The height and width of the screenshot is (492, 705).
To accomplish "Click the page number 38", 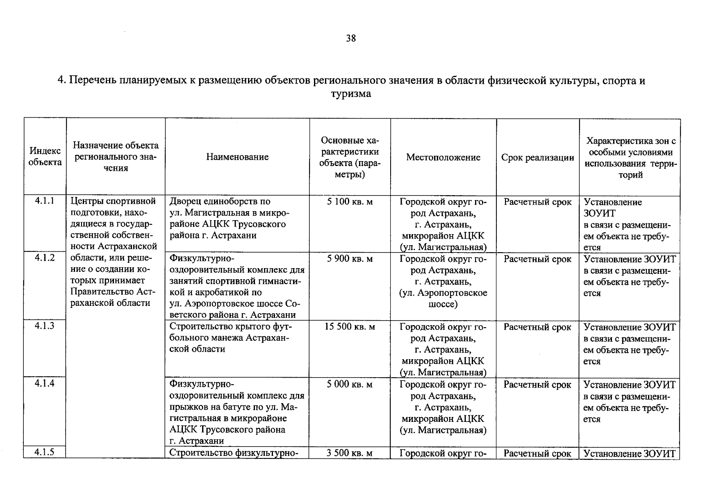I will (351, 39).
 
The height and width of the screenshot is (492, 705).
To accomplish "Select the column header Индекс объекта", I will (45, 157).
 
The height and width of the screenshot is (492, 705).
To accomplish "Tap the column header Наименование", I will (237, 157).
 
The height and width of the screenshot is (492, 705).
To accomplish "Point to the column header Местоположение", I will (443, 157).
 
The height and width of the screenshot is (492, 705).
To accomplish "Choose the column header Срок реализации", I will (537, 158).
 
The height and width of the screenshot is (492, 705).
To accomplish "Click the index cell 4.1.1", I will (45, 200).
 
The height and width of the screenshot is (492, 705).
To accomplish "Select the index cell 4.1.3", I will (45, 326).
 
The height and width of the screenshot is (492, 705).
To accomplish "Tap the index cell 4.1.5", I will (45, 452).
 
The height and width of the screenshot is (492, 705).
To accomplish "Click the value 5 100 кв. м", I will (350, 202).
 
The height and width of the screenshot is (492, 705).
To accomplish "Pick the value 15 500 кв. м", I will (350, 327).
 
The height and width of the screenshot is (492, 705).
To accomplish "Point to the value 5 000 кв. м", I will (350, 385).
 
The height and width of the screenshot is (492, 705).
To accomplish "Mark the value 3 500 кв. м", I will (350, 453).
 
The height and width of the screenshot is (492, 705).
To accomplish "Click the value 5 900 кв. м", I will (350, 259).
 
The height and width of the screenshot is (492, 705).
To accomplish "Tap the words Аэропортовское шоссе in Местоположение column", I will (443, 298).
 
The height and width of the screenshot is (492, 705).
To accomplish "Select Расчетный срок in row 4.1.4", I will (537, 385).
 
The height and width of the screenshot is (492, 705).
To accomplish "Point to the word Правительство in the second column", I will (107, 292).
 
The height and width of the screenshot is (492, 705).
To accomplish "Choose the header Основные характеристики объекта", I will (350, 157).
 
